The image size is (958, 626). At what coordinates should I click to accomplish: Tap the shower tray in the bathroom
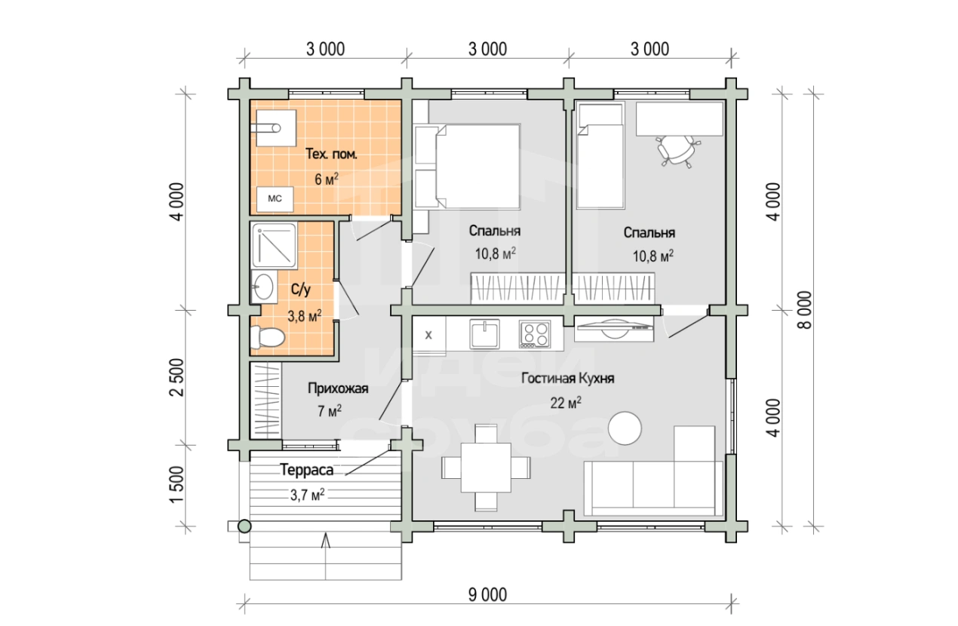[274, 246]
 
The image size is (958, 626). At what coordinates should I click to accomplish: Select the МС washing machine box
[275, 199]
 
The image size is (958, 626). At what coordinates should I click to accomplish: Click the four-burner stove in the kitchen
[535, 334]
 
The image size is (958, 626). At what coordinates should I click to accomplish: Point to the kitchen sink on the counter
[484, 334]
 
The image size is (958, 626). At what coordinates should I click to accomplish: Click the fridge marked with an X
[428, 335]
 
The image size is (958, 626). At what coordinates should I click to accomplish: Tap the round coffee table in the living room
[625, 428]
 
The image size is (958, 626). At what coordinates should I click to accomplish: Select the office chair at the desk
[677, 151]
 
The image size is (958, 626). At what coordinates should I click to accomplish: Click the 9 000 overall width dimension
[487, 594]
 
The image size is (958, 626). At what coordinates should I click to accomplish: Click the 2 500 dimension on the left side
[177, 377]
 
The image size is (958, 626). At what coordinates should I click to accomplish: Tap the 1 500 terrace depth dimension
[177, 484]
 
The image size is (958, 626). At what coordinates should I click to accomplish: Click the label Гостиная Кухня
[567, 379]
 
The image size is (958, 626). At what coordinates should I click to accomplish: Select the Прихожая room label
[338, 388]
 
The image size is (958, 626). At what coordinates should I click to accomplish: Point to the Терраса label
[307, 471]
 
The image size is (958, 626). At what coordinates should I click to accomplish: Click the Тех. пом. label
[331, 154]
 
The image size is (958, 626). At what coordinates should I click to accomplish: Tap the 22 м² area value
[566, 402]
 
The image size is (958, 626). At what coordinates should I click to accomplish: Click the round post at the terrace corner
[244, 526]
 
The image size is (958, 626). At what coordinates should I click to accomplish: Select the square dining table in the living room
[486, 468]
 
